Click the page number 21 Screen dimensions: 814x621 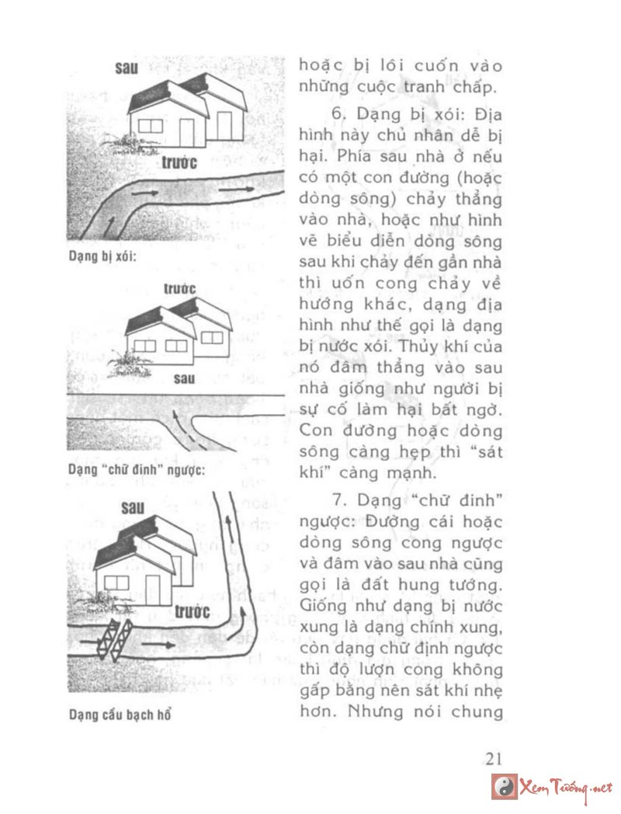click(494, 758)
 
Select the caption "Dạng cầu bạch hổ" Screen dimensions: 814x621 click(119, 714)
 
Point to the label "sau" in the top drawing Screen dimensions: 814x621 click(126, 68)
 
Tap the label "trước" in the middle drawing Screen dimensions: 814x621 click(179, 289)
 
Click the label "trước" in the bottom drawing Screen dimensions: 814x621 click(192, 611)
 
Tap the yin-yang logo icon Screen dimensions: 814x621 click(505, 787)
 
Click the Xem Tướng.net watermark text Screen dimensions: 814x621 click(567, 787)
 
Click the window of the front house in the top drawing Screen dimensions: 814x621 click(151, 124)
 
